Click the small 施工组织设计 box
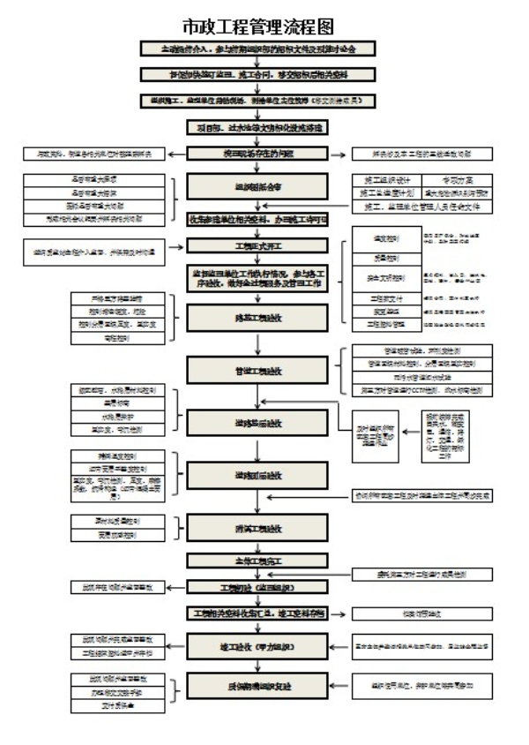(x=377, y=179)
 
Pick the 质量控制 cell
(x=377, y=259)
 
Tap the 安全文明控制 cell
(x=377, y=278)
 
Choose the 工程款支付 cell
(x=377, y=298)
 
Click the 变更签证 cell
(x=377, y=312)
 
